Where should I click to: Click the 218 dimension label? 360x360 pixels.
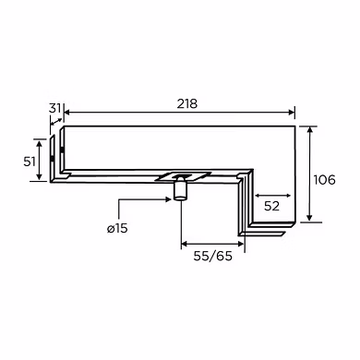[187, 103]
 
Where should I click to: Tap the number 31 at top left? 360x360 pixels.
[54, 108]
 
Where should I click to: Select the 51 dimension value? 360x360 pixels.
[30, 162]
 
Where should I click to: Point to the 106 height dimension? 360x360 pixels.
[324, 180]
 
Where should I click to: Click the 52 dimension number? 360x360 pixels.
[271, 206]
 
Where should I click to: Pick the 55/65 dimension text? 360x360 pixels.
[212, 256]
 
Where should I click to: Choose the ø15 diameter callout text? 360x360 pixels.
[117, 228]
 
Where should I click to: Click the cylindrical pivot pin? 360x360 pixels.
[180, 187]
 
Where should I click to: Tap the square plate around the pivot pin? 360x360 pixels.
[183, 176]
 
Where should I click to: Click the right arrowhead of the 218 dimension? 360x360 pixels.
[292, 113]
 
